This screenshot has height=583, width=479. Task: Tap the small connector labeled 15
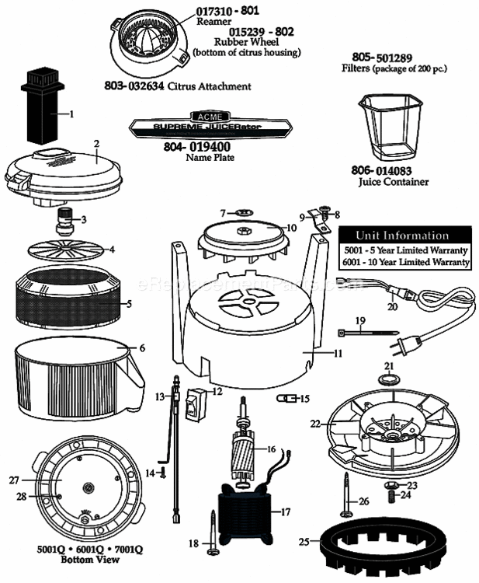click(x=286, y=398)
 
